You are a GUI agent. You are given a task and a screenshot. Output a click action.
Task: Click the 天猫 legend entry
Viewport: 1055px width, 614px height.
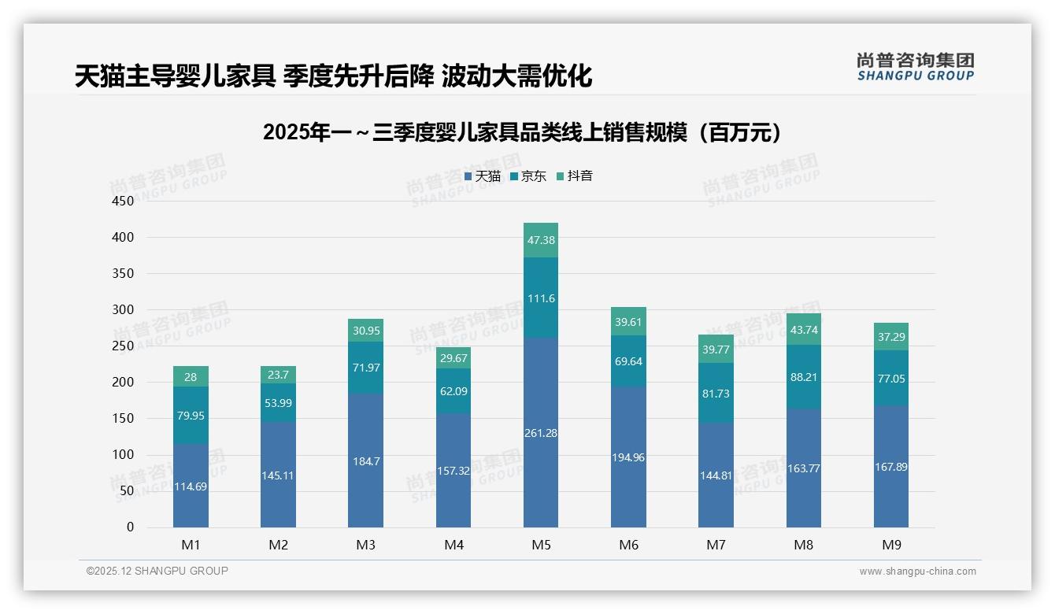483,176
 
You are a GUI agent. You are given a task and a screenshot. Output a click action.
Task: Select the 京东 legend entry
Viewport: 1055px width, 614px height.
528,176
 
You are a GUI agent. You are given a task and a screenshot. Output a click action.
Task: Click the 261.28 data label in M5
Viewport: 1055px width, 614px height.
541,433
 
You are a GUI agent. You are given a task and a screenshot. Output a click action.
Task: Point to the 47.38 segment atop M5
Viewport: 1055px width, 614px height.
541,240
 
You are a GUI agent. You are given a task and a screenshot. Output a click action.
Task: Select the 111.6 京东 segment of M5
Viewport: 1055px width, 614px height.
541,298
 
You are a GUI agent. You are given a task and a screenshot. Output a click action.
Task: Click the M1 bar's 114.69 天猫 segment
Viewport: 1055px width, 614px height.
191,486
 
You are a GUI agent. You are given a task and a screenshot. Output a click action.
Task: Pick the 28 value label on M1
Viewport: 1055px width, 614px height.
191,377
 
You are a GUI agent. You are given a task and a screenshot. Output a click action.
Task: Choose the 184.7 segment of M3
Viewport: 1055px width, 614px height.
366,461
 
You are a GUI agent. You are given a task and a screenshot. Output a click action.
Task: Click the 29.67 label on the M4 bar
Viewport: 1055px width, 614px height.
453,358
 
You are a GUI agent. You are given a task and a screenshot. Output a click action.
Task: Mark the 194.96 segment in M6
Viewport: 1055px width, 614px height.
628,457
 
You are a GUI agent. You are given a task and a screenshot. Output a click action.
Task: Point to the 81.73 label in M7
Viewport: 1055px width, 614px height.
716,393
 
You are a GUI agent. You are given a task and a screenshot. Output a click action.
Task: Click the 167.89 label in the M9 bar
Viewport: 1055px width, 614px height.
891,467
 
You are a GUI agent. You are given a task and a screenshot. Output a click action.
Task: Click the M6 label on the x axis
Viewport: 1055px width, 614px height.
628,545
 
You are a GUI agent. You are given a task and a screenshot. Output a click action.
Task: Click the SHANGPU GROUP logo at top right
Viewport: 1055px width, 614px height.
916,66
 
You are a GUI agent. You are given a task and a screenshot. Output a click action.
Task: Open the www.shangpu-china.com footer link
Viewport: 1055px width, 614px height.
917,571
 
